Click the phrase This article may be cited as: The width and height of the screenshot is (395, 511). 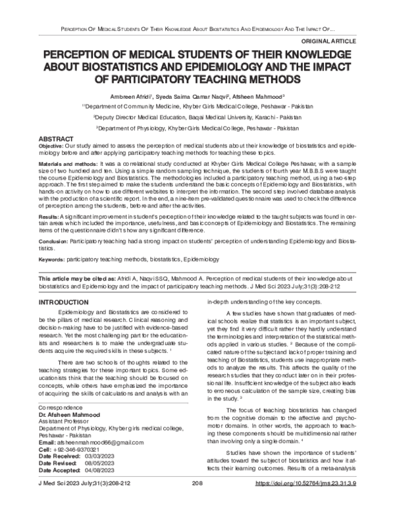[x=83, y=280]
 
